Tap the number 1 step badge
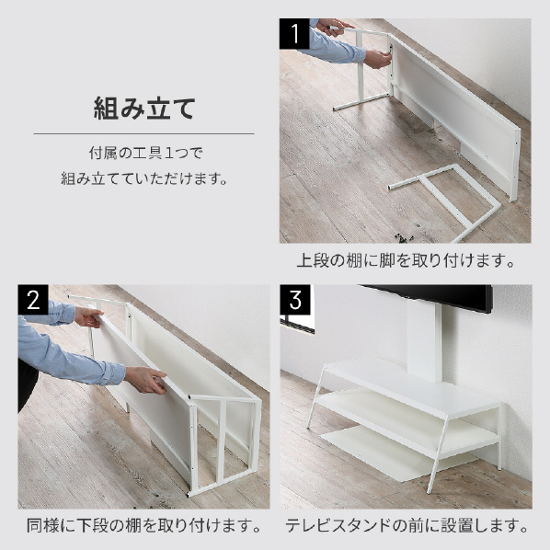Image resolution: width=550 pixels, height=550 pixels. [295, 36]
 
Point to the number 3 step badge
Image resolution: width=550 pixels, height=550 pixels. [295, 300]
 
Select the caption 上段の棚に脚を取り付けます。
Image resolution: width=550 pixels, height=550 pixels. [405, 260]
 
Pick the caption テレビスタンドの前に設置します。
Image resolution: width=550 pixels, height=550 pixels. [405, 527]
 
